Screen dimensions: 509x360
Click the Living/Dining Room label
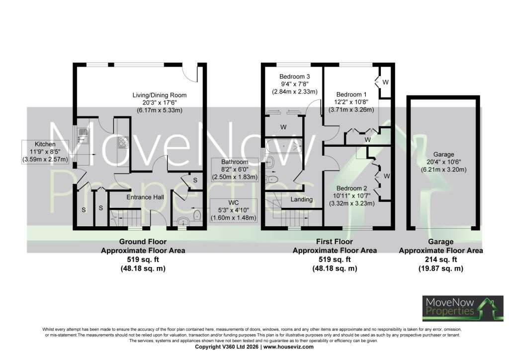point(160,95)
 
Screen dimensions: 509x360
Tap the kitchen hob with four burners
point(123,142)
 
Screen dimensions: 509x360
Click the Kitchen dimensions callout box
point(45,152)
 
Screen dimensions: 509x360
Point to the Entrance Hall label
point(145,197)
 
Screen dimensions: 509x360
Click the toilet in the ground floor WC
point(197,215)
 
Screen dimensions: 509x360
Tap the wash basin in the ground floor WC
point(184,222)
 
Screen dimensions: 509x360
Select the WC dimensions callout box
point(234,210)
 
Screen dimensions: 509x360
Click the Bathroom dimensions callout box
point(235,170)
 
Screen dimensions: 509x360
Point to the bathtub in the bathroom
point(284,146)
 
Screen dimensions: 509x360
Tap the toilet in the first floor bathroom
point(271,179)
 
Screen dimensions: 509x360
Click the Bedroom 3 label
point(294,77)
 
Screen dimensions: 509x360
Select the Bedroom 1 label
point(351,94)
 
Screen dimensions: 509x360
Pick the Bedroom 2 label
point(351,188)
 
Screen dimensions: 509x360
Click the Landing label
point(302,199)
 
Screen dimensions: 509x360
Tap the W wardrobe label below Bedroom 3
point(283,127)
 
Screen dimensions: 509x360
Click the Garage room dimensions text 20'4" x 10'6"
point(443,162)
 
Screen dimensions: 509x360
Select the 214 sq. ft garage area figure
point(441,260)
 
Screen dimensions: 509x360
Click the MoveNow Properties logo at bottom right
point(463,308)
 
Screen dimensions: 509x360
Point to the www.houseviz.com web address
point(289,347)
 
